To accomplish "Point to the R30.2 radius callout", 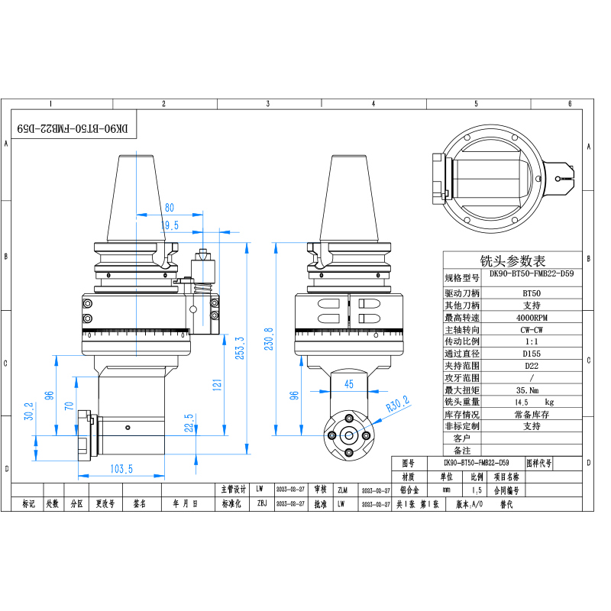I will click(398, 403).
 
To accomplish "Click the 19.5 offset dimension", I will click(170, 225).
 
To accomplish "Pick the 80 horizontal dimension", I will click(169, 207).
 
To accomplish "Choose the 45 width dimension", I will click(349, 383).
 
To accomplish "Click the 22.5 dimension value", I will click(188, 422).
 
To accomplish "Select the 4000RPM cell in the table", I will click(531, 317).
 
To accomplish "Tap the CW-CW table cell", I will click(531, 329).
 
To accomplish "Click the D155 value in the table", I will click(531, 354).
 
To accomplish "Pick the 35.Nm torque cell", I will click(531, 390).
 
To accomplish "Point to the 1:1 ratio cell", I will click(531, 341).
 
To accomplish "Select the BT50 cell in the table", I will click(531, 293).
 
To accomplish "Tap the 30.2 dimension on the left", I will click(30, 412).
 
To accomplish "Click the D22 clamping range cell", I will click(531, 366).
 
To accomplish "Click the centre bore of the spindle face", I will click(348, 435).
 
